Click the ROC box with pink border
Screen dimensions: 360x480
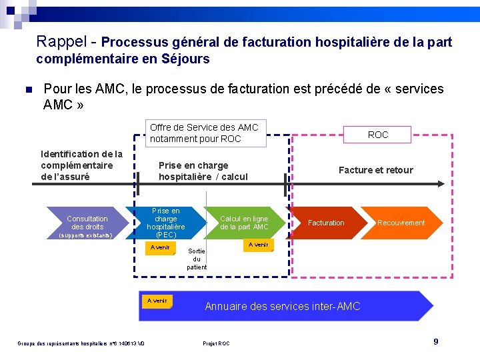click(x=377, y=135)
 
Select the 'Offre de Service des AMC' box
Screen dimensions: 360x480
click(x=205, y=133)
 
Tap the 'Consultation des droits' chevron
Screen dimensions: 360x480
click(x=87, y=223)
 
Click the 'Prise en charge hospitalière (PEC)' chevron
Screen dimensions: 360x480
click(x=166, y=223)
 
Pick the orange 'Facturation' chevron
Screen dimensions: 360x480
click(x=326, y=223)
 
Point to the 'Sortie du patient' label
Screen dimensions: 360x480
click(x=197, y=259)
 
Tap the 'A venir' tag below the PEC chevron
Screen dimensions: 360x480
click(x=160, y=248)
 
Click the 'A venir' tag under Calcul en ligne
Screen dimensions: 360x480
click(x=258, y=245)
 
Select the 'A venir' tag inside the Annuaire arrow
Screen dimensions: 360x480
click(x=157, y=301)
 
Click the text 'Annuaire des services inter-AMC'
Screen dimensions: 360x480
click(x=282, y=307)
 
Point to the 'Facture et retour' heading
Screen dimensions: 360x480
click(x=375, y=170)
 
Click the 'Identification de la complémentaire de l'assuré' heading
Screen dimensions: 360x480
click(x=81, y=165)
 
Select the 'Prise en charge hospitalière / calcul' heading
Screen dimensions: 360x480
click(x=203, y=171)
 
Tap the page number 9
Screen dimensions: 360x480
click(x=436, y=341)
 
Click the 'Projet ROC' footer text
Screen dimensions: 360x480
click(x=216, y=343)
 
